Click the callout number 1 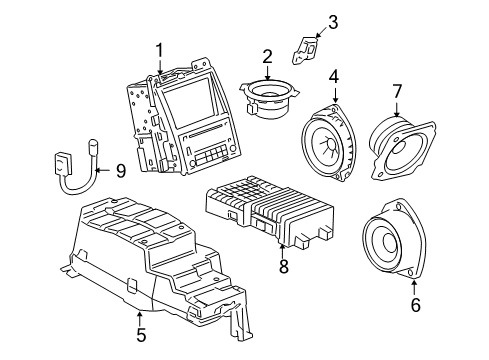point(158,51)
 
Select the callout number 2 point(267,56)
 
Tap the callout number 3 point(333,21)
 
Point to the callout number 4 point(334,75)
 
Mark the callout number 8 point(283,267)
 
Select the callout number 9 point(119,171)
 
